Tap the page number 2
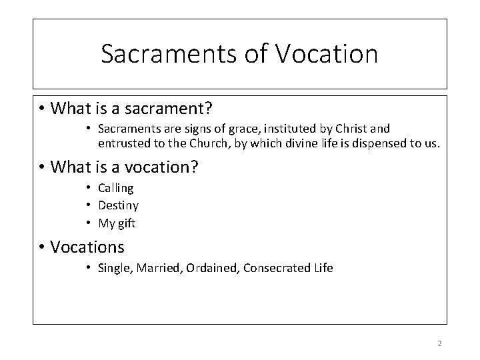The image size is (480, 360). (439, 343)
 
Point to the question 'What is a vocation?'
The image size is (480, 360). (124, 167)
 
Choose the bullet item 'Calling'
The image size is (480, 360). (115, 189)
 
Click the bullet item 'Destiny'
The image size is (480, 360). (118, 206)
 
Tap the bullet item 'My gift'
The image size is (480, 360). (117, 223)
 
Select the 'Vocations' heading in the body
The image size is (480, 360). (87, 247)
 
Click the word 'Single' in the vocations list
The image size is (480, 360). (115, 269)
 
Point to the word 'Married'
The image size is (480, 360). (159, 269)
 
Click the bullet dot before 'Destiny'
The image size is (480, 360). (89, 206)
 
